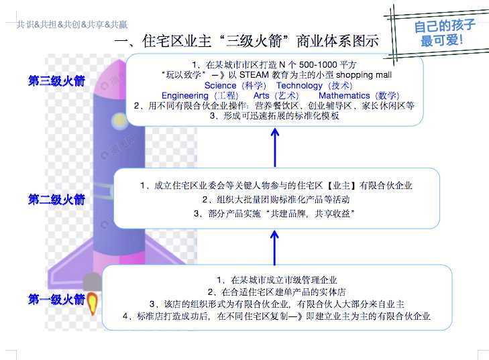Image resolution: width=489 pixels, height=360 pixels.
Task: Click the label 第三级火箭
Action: (56, 81)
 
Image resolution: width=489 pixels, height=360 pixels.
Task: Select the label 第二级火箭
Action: (56, 200)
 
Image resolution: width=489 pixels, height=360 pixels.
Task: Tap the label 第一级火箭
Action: (56, 299)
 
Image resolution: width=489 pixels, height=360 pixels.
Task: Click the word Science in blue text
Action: (220, 85)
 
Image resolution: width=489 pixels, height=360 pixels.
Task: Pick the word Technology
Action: (299, 86)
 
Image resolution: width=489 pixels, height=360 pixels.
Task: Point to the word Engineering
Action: (184, 96)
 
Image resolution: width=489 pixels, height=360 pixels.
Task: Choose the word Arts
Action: (261, 96)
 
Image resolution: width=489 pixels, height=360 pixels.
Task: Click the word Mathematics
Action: (344, 96)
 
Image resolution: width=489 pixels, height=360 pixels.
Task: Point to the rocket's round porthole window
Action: (119, 121)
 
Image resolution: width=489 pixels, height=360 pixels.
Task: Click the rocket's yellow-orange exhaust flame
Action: (93, 303)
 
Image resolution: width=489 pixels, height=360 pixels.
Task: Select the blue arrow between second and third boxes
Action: (275, 147)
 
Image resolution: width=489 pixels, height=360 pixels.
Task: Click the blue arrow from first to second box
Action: (274, 248)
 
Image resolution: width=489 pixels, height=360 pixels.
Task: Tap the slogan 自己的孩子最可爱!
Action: (444, 33)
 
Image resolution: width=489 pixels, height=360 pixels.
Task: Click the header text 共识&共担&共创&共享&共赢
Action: (72, 24)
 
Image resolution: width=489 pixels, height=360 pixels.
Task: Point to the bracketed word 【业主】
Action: (341, 186)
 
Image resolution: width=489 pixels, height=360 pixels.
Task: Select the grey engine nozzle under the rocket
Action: (92, 282)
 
